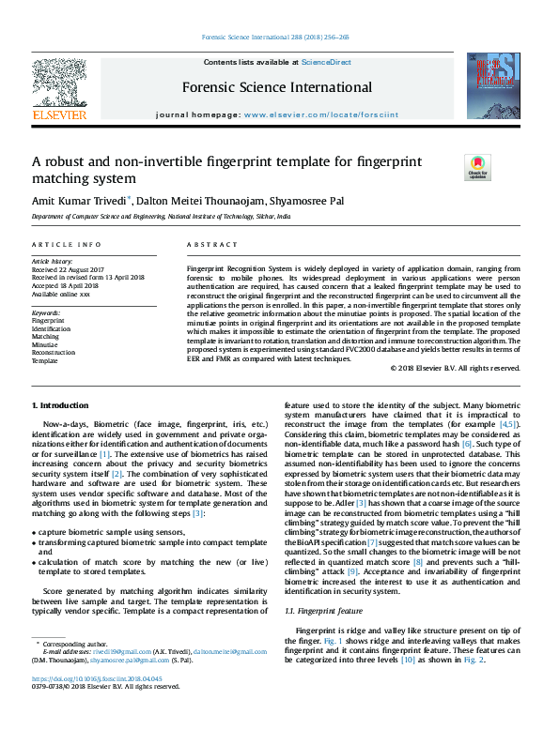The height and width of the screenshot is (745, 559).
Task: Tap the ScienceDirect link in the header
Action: coord(326,62)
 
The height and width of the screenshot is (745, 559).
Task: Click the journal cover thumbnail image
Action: coord(495,84)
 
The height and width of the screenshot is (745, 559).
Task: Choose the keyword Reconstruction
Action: coord(53,353)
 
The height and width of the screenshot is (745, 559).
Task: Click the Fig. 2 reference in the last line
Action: coord(474,660)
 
